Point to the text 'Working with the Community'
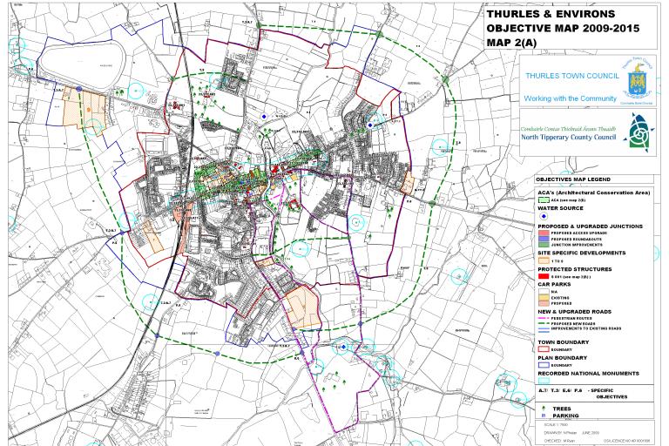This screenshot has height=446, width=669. (571, 98)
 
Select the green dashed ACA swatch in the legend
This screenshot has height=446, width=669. (543, 199)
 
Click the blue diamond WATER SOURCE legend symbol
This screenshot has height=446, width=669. (543, 216)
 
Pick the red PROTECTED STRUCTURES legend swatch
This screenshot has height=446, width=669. (543, 275)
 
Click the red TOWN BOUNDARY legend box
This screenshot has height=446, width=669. (543, 348)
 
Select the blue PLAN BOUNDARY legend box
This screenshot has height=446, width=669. (543, 365)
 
